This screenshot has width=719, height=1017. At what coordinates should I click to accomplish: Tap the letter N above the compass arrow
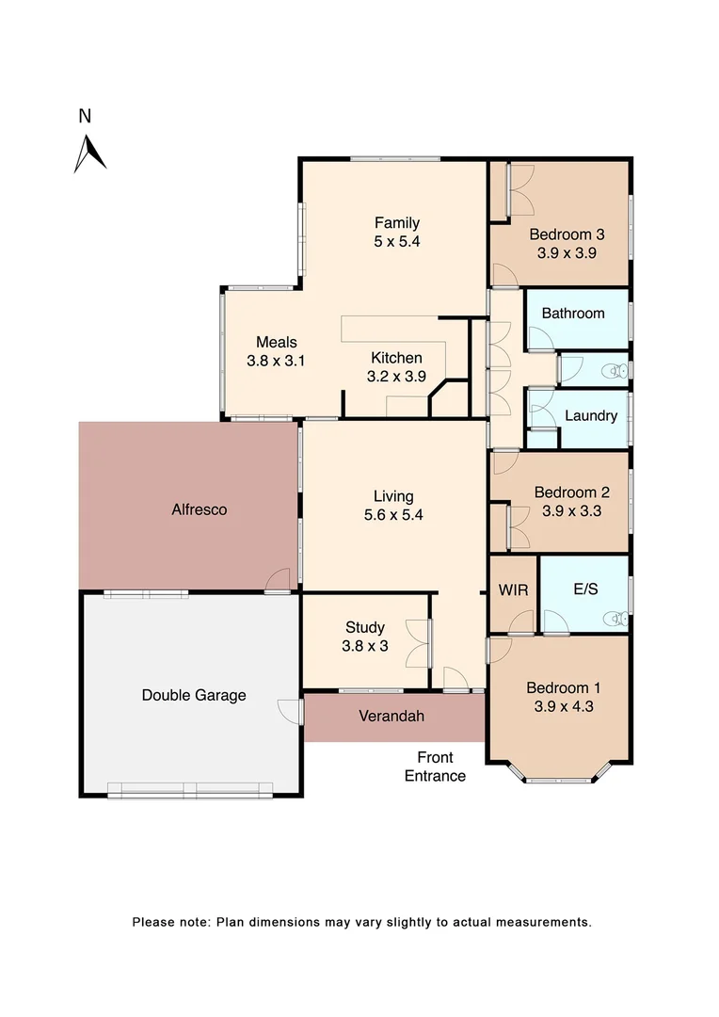[85, 117]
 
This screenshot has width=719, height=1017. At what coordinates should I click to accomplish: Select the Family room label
[396, 223]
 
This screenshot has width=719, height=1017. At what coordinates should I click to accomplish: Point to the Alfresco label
[199, 509]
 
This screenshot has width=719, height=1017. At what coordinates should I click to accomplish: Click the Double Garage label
[194, 695]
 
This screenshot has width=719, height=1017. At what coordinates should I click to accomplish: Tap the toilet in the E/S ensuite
[617, 619]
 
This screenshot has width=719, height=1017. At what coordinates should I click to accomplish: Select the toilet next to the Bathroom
[617, 371]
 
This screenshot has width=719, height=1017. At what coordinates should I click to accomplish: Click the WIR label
[513, 590]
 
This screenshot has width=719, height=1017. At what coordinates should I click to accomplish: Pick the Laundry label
[591, 415]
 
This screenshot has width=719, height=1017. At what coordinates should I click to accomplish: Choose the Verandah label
[391, 716]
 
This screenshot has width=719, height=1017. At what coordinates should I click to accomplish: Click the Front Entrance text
[435, 767]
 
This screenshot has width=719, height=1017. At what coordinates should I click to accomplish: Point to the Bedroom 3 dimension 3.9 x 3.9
[567, 252]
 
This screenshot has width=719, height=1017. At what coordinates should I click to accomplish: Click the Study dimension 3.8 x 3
[364, 645]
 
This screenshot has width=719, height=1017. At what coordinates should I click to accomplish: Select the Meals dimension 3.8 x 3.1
[277, 360]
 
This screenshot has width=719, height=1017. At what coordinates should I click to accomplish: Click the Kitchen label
[396, 358]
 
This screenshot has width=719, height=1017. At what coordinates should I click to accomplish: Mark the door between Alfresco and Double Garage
[277, 583]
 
